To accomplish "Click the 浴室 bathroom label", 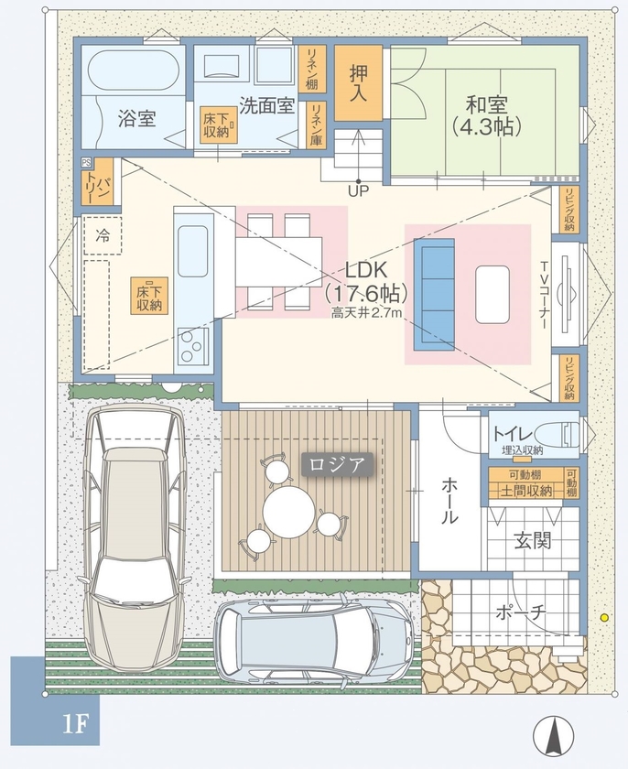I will pyautogui.click(x=136, y=118).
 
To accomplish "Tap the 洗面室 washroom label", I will pyautogui.click(x=266, y=105).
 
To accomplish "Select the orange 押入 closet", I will pyautogui.click(x=358, y=82).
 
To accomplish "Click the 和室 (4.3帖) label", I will pyautogui.click(x=486, y=114).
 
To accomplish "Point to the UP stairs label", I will pyautogui.click(x=359, y=192).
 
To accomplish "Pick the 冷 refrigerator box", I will pyautogui.click(x=103, y=235).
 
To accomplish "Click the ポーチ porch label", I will pyautogui.click(x=521, y=611).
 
